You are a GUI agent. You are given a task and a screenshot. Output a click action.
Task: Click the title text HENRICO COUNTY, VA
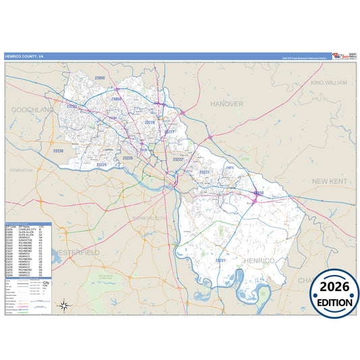(x=24, y=56)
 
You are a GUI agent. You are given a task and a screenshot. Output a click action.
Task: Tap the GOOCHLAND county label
(x=31, y=109)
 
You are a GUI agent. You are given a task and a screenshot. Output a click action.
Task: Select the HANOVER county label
(x=226, y=104)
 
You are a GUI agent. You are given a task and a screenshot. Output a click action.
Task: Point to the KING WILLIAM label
(x=328, y=82)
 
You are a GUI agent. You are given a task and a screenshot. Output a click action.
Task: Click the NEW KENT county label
(x=329, y=181)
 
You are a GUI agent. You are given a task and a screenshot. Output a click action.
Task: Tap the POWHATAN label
(x=21, y=171)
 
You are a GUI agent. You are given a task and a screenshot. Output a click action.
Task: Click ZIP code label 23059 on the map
(x=100, y=78)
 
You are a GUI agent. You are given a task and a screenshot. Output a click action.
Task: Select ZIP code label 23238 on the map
(x=58, y=151)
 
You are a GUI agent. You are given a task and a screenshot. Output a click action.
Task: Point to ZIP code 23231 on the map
(x=220, y=260)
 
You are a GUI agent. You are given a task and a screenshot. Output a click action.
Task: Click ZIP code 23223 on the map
(x=204, y=172)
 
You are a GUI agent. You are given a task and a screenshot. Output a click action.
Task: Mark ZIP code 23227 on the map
(x=170, y=131)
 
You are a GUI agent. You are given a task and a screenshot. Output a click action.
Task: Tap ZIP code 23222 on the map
(x=178, y=159)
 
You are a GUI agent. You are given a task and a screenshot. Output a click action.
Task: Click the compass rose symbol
(x=64, y=305)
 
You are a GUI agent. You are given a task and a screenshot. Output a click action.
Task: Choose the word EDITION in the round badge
(x=334, y=303)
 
